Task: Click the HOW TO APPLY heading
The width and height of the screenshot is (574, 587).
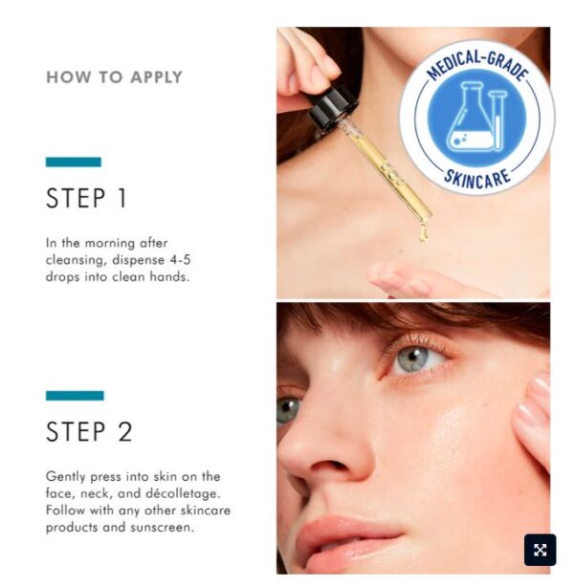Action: (x=114, y=77)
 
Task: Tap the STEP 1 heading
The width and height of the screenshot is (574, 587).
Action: (x=86, y=198)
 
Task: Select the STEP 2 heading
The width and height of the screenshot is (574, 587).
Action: (x=89, y=431)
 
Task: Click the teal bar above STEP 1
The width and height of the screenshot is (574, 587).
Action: (x=74, y=162)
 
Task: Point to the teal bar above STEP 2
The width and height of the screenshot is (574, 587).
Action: (x=75, y=396)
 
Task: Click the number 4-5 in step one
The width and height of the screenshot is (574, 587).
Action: (x=181, y=260)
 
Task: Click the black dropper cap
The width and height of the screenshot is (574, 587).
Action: (x=332, y=108)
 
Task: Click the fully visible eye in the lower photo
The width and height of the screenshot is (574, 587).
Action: (x=415, y=359)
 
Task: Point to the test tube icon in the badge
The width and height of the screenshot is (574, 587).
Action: (x=497, y=120)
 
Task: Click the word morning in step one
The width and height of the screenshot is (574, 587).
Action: (x=110, y=244)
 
